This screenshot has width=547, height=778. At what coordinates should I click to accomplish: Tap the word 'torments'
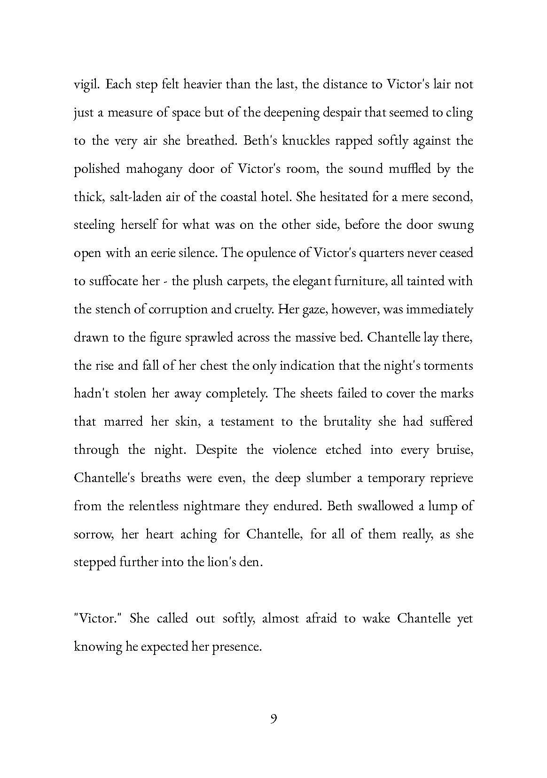point(448,366)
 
